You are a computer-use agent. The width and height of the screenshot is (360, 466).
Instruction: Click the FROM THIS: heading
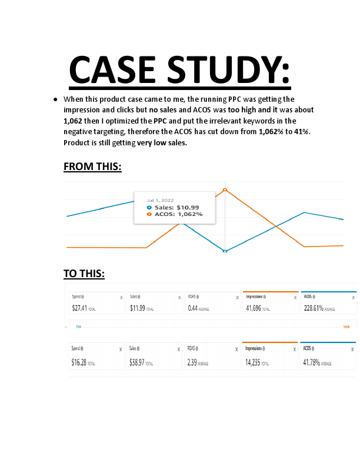coord(92,167)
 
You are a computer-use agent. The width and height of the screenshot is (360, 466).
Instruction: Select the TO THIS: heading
coord(84,274)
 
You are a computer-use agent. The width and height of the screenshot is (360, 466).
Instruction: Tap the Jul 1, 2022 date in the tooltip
coord(160,200)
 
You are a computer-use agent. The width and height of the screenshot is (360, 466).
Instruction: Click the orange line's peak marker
coord(225,189)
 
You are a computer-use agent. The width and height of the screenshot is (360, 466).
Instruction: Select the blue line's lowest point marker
coord(225,251)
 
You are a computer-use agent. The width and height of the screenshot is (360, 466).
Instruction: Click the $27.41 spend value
coord(79,308)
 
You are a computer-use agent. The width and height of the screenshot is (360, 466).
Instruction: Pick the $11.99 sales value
coord(138,308)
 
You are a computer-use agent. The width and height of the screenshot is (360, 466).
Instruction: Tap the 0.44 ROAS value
coord(193,308)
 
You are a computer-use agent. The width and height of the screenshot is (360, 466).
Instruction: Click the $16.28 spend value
coord(79,363)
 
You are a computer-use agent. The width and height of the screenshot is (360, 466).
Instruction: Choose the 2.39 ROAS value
coord(192,363)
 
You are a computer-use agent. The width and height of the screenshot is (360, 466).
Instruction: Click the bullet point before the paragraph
coord(55,99)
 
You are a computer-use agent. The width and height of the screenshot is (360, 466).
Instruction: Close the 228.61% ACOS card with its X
coord(353,298)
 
